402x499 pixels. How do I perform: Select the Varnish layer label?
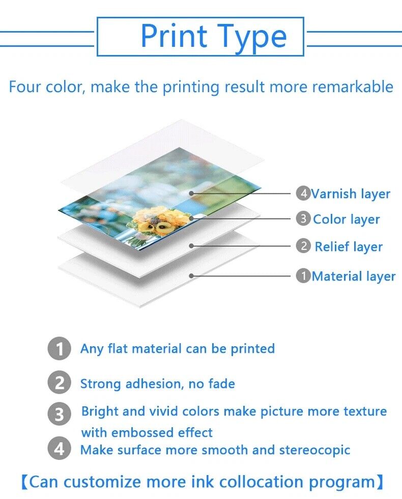[351, 194]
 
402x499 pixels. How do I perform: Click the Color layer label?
[347, 219]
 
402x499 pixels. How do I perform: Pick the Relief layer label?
[349, 247]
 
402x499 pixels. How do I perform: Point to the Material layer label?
[353, 276]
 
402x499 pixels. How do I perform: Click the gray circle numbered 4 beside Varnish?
[303, 193]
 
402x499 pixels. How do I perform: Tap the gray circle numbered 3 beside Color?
[303, 218]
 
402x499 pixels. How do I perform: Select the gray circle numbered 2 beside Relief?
[303, 246]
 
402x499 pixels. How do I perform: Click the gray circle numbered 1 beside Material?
[303, 275]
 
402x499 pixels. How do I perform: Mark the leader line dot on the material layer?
[191, 275]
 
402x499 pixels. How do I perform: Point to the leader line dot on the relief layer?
[191, 246]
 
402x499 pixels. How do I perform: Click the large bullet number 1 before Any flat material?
[59, 348]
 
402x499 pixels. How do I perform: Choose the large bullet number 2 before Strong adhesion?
[59, 382]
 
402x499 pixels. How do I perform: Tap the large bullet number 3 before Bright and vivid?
[59, 414]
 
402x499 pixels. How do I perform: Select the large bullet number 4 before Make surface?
[59, 449]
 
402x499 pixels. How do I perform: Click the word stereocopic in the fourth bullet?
[314, 450]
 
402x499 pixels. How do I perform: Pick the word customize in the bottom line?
[102, 482]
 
